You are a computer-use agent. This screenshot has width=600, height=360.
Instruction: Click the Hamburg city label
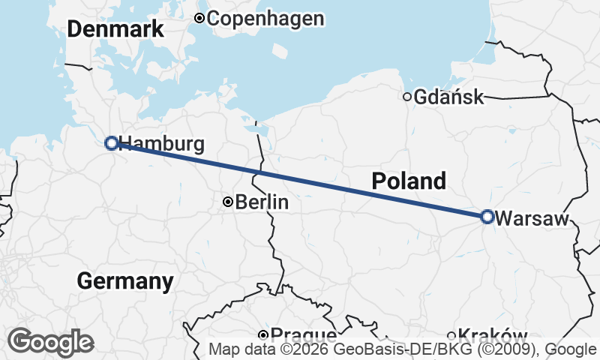point(162,144)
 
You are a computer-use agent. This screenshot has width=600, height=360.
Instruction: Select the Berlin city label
point(262,202)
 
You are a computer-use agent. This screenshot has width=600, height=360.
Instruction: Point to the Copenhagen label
point(265,19)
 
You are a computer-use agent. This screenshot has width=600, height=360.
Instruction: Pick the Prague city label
point(304,335)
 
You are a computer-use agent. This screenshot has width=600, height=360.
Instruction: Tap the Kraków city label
point(493,335)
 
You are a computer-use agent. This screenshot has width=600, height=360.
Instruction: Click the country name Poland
point(409,181)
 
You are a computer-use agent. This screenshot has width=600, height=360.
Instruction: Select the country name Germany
point(125,281)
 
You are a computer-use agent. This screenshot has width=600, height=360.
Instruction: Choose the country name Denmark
point(115,29)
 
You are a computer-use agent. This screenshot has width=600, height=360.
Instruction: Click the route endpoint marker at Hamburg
point(111,142)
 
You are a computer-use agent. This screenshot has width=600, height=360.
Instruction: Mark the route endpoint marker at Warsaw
point(487,217)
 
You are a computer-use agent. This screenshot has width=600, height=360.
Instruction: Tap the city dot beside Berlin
point(227,202)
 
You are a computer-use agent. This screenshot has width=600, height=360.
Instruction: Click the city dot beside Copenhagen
point(199,18)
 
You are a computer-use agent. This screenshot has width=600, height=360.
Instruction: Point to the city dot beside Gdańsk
point(407,96)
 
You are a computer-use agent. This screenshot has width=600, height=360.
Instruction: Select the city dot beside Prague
point(263,334)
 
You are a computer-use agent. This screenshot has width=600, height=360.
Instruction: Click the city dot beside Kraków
point(451,335)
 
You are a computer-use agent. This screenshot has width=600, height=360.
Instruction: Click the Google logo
point(50,342)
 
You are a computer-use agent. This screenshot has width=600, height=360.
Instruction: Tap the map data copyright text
point(403,349)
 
